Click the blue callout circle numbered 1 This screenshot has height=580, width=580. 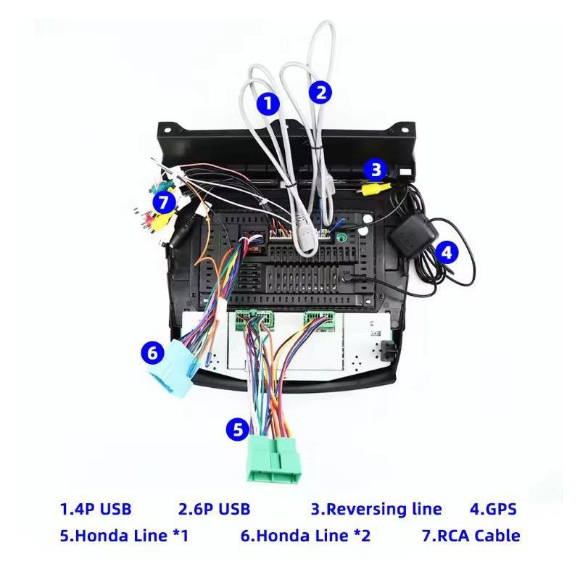pos(268,103)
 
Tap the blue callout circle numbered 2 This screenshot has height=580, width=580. pos(320,92)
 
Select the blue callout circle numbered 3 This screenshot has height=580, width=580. pos(375,170)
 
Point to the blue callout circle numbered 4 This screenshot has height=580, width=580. pos(447,252)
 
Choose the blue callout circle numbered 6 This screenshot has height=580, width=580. pos(152,353)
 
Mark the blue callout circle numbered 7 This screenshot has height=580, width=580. pos(164,199)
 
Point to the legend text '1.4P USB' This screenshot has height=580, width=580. pos(96,508)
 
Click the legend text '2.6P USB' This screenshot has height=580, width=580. pos(214,508)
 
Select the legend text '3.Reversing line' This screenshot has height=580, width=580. pos(376,508)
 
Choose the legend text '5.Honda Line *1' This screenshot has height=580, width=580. pos(124,536)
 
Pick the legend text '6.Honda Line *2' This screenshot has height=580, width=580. pos(305,536)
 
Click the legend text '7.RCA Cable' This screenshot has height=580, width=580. pos(471,536)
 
